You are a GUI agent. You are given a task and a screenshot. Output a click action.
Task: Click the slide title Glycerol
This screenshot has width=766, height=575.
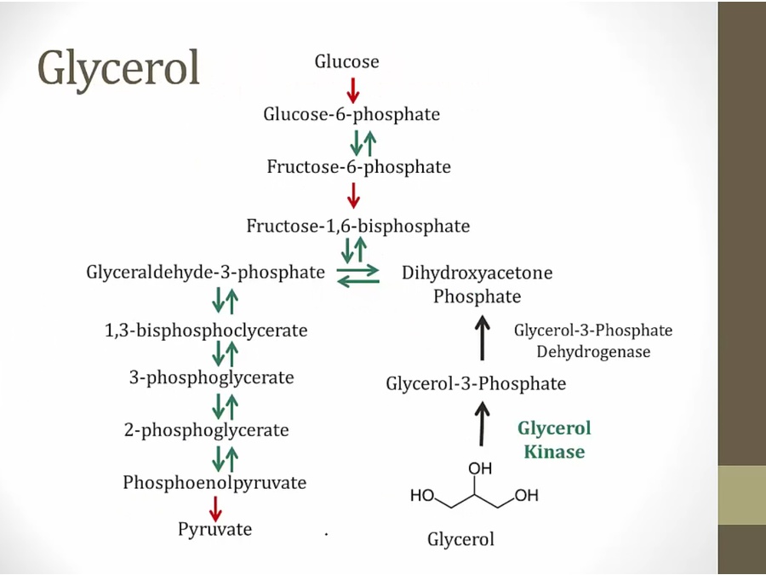(118, 67)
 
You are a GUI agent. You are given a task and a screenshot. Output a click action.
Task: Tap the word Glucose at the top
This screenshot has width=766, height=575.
(346, 61)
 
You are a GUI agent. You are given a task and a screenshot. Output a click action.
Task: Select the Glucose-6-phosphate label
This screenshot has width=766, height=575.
(352, 114)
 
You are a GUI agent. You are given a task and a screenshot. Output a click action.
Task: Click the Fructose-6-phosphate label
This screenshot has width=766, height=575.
(358, 166)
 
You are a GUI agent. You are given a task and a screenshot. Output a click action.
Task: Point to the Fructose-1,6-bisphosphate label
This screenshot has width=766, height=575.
(357, 227)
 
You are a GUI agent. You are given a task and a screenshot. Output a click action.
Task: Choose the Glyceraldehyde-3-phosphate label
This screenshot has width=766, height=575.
(205, 273)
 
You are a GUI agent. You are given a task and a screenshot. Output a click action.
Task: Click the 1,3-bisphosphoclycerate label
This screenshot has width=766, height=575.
(206, 331)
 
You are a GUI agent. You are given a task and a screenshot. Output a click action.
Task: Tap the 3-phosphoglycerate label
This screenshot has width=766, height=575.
(211, 377)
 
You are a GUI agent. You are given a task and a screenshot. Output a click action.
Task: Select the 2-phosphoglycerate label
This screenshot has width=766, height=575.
(206, 430)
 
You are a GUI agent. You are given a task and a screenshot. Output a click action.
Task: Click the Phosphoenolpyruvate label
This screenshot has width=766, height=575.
(214, 482)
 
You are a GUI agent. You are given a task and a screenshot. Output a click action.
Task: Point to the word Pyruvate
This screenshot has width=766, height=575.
(214, 529)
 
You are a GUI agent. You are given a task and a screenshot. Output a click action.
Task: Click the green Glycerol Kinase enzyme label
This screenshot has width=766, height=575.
(554, 440)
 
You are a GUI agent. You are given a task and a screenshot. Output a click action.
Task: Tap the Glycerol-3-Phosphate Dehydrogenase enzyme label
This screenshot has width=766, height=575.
(592, 341)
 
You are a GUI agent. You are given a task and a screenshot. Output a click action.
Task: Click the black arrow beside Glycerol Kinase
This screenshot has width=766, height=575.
(482, 423)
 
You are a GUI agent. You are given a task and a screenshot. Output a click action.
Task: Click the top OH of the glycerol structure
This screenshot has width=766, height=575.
(480, 468)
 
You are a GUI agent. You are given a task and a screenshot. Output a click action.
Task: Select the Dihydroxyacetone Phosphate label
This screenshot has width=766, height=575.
(477, 285)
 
